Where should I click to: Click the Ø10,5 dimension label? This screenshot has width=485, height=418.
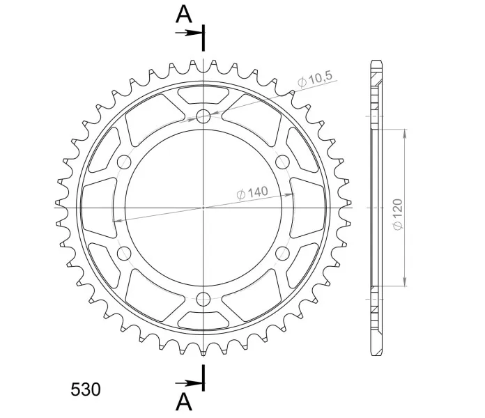pyautogui.click(x=315, y=79)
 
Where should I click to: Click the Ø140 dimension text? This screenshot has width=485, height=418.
pyautogui.click(x=252, y=192)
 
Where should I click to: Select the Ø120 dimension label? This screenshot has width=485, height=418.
pyautogui.click(x=398, y=215)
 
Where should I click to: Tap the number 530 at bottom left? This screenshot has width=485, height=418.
pyautogui.click(x=86, y=389)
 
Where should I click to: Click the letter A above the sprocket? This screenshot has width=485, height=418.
pyautogui.click(x=184, y=15)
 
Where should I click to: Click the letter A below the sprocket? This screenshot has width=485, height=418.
pyautogui.click(x=184, y=402)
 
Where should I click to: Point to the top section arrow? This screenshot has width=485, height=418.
pyautogui.click(x=188, y=33)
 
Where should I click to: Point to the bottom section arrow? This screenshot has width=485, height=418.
pyautogui.click(x=188, y=383)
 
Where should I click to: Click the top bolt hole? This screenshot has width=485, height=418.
pyautogui.click(x=203, y=116)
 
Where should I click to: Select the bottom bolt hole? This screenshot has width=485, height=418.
pyautogui.click(x=203, y=299)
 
